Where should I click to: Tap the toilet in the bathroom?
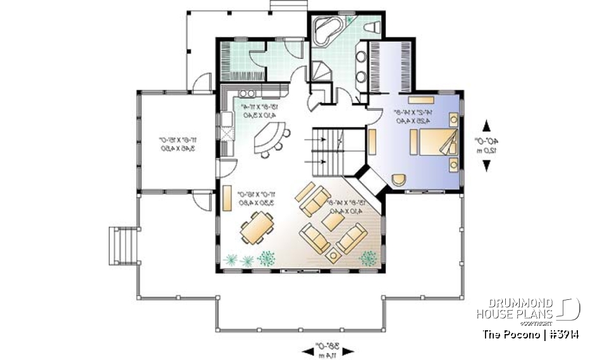coord(373,27)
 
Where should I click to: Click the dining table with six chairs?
coord(257,228)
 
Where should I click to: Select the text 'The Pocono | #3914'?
coord(531,333)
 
